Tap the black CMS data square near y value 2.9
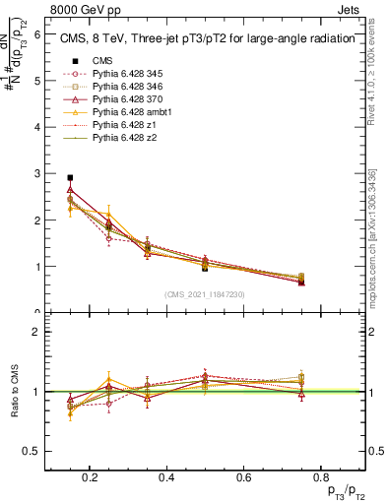(x=70, y=178)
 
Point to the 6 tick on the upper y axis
(x=36, y=34)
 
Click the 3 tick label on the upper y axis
(x=36, y=173)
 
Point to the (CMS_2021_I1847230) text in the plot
(x=204, y=295)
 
